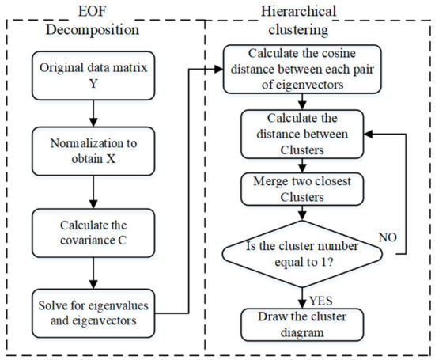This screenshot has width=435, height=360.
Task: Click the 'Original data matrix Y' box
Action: pyautogui.click(x=93, y=75)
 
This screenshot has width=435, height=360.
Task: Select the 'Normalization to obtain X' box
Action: pyautogui.click(x=93, y=151)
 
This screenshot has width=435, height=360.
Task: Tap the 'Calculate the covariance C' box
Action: pyautogui.click(x=93, y=233)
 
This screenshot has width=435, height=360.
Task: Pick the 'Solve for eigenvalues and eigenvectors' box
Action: pyautogui.click(x=93, y=313)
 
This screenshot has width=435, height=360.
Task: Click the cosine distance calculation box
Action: pyautogui.click(x=302, y=69)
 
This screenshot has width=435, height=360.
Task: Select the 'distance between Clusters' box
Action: pyautogui.click(x=302, y=135)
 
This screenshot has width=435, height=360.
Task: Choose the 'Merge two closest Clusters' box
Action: pyautogui.click(x=302, y=189)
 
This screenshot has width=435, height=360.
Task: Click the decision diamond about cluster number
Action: pyautogui.click(x=302, y=254)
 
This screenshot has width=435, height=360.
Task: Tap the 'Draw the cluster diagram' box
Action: pyautogui.click(x=302, y=324)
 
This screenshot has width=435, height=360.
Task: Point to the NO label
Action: pyautogui.click(x=388, y=237)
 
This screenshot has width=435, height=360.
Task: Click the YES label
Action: pyautogui.click(x=320, y=301)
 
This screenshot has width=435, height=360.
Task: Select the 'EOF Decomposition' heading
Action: pyautogui.click(x=93, y=21)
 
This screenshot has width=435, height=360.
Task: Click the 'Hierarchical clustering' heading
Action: pyautogui.click(x=298, y=21)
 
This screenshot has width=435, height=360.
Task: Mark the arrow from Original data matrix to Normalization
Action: pyautogui.click(x=93, y=113)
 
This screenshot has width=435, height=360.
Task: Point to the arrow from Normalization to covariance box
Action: pyautogui.click(x=93, y=192)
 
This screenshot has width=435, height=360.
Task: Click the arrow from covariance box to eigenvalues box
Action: pyautogui.click(x=93, y=274)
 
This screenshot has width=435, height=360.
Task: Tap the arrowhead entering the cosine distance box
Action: pyautogui.click(x=219, y=69)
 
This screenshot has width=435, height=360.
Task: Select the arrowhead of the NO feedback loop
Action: pyautogui.click(x=368, y=135)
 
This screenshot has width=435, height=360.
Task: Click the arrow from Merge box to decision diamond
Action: pyautogui.click(x=302, y=213)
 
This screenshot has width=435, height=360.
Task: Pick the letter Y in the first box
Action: pyautogui.click(x=93, y=83)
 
